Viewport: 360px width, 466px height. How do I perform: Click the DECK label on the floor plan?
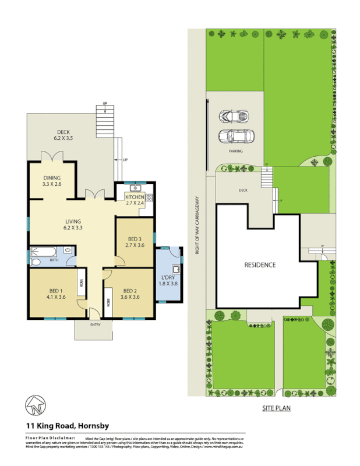[x=63, y=132]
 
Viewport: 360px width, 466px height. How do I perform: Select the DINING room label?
[x=52, y=178]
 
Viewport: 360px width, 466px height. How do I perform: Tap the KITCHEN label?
[x=135, y=197]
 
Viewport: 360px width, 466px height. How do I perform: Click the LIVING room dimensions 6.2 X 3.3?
[x=73, y=228]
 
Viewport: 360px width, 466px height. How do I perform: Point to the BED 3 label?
[x=135, y=239]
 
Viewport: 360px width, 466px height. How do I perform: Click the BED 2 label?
[x=130, y=290]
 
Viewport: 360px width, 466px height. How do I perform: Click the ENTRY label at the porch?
[x=94, y=324]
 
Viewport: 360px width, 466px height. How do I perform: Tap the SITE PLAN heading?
[x=276, y=408]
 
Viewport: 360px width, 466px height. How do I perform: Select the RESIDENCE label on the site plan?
[x=260, y=264]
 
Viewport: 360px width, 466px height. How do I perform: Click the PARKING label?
[x=235, y=151]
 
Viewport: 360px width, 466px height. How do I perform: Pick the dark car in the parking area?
[x=233, y=116]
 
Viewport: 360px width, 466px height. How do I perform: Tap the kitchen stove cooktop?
[x=149, y=197]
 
